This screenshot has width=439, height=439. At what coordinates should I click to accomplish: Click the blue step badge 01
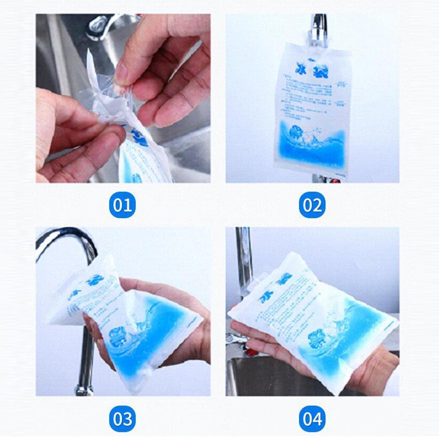122,205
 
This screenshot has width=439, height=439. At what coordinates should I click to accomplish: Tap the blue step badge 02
312,205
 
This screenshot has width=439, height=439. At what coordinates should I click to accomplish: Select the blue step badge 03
122,418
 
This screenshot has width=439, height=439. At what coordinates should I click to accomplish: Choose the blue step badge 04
312,418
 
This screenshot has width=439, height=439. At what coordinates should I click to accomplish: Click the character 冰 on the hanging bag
302,68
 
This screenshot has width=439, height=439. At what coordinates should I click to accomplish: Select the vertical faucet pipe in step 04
243,257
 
